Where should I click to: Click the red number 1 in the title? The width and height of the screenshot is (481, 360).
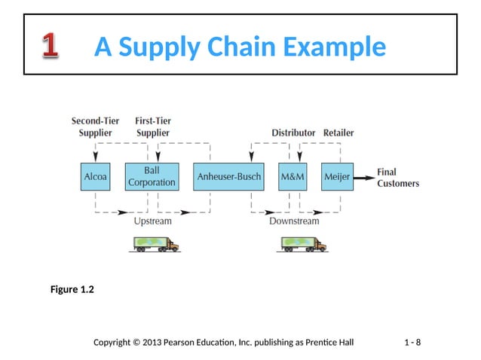(x=50, y=47)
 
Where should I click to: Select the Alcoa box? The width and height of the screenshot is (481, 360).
(x=96, y=177)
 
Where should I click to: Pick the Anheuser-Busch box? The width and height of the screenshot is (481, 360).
(x=228, y=177)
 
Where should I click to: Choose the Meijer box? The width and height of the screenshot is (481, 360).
(x=337, y=177)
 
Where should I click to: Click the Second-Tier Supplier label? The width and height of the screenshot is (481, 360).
(x=95, y=127)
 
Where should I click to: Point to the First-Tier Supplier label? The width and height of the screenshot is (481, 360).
(x=152, y=127)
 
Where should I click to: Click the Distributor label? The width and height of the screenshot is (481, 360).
(x=293, y=133)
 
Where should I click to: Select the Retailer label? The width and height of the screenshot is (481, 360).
(x=338, y=133)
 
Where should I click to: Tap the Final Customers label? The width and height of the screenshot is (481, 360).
(x=397, y=178)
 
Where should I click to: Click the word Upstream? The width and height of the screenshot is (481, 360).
(x=153, y=221)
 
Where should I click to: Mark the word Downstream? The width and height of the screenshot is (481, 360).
(x=294, y=221)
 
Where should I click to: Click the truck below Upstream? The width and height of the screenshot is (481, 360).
(x=156, y=243)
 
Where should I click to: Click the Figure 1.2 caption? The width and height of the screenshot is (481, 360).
(x=72, y=289)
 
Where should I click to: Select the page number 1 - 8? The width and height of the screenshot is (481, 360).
(x=412, y=343)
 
